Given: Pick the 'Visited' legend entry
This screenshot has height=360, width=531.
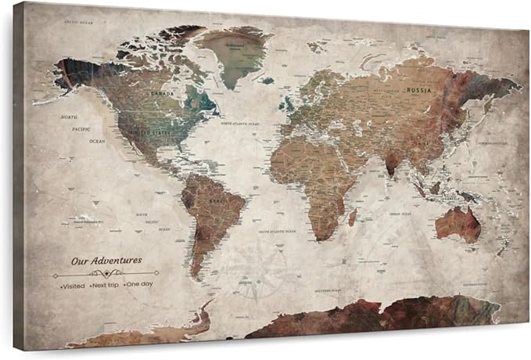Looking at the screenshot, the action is click(x=72, y=286).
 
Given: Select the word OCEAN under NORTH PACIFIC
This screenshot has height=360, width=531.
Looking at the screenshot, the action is click(x=96, y=141).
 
